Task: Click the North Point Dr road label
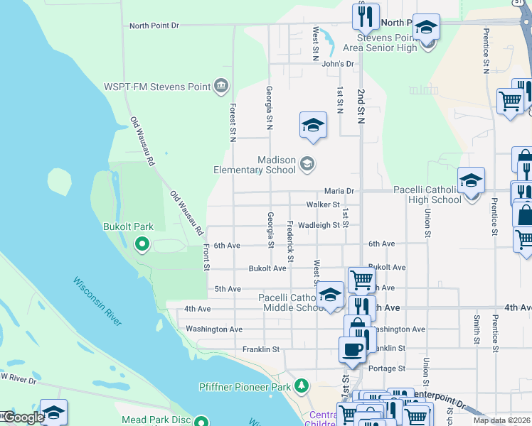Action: tap(154, 26)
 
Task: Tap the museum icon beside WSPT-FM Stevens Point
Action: tap(221, 87)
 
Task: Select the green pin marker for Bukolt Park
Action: tap(142, 245)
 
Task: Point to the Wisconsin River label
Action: tap(97, 301)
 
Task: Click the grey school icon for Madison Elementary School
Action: tap(307, 165)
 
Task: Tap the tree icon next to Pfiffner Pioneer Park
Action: tap(302, 386)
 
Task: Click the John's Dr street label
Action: tap(337, 64)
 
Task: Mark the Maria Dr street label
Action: tap(339, 191)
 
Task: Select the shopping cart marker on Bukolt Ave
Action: tap(361, 280)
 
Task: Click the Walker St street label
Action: tap(323, 205)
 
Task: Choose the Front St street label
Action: tap(206, 257)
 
